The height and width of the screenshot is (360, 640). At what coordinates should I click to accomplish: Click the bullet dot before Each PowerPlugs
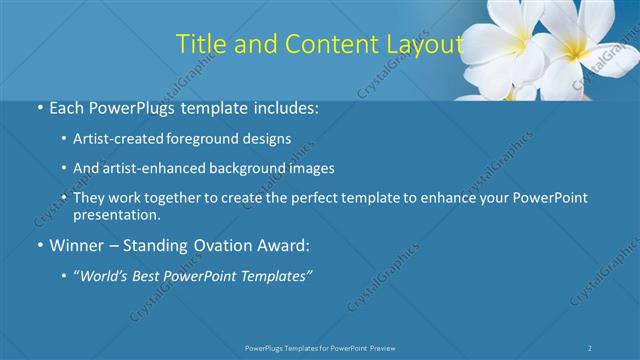38,108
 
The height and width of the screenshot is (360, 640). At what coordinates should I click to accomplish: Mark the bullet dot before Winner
38,245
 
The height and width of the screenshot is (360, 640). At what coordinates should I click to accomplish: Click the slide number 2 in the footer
591,347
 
